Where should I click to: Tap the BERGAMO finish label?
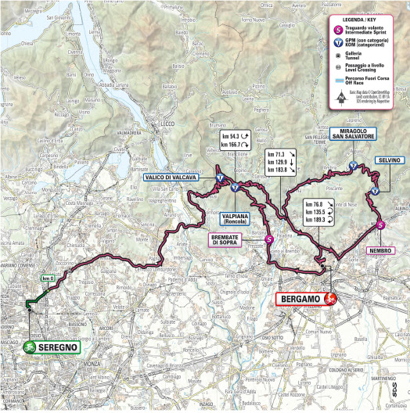tap(301, 299)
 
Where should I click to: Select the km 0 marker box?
tap(49, 279)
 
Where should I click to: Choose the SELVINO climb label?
tap(389, 160)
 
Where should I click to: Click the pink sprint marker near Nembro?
tap(380, 225)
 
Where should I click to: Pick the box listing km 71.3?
tap(282, 162)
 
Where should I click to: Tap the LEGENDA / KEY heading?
tap(365, 17)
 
